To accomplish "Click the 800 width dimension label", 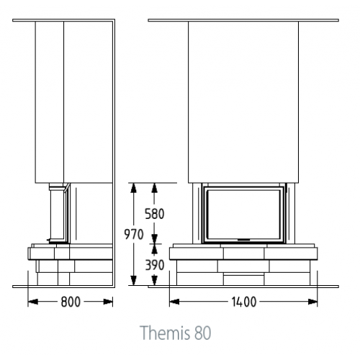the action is pos(71,302).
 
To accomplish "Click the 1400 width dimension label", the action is pos(244,302).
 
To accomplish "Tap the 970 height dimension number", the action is pos(134,235).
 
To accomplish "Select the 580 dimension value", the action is pos(155,214).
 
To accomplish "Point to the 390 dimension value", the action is pos(155,265).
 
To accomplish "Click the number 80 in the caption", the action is pos(203,333).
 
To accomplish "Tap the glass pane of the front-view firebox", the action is pos(243,215).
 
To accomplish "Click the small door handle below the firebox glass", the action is pos(243,240).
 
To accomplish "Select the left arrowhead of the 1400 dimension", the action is pos(174,302).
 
